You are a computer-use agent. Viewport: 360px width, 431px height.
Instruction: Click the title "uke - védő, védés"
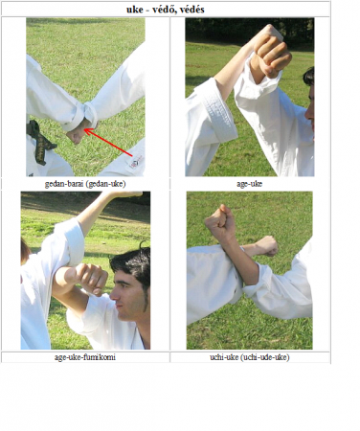[166, 10]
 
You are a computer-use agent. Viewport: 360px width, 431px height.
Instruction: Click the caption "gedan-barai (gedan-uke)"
[85, 184]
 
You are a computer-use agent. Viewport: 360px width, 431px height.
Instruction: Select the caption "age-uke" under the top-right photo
[250, 184]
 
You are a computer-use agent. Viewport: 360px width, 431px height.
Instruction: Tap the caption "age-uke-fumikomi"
[85, 357]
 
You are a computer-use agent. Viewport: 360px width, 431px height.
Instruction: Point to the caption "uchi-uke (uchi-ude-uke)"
[250, 357]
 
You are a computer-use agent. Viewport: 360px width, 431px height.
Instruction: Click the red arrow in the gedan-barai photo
[108, 143]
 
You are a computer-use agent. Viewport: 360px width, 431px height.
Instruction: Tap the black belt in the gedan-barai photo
[39, 142]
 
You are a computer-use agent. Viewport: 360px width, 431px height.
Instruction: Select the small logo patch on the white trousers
[135, 162]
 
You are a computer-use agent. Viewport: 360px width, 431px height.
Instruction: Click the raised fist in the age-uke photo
[271, 53]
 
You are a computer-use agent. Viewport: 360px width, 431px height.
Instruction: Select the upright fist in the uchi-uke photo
[220, 222]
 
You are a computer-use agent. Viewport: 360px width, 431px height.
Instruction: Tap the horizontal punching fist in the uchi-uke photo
[267, 246]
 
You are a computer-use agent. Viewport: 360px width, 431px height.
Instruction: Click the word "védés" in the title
[191, 10]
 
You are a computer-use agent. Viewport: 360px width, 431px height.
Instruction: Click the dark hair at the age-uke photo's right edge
[309, 77]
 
